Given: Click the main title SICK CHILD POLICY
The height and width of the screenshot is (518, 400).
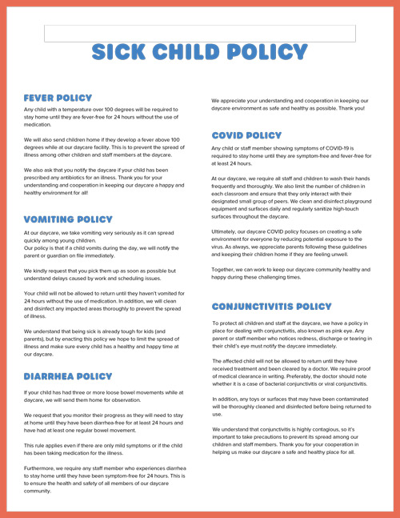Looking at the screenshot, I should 199,53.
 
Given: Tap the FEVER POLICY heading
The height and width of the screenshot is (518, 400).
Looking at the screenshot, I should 58,98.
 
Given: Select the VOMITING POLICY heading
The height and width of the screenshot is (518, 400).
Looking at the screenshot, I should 68,219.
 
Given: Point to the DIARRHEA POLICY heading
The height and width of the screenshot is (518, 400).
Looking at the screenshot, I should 68,376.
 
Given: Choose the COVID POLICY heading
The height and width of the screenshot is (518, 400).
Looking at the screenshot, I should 247,136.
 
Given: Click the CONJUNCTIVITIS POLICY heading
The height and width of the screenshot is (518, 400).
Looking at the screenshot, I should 272,307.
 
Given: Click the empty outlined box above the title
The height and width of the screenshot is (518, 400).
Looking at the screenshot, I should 199,33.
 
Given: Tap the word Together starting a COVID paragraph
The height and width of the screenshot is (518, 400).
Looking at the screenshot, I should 226,270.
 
